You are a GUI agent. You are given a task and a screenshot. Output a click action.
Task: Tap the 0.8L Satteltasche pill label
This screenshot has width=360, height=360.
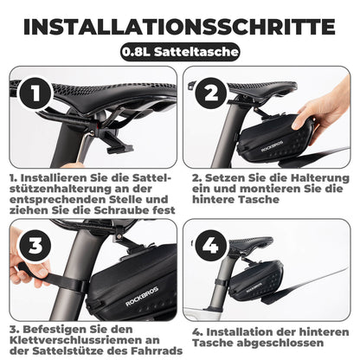(x=180, y=51)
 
